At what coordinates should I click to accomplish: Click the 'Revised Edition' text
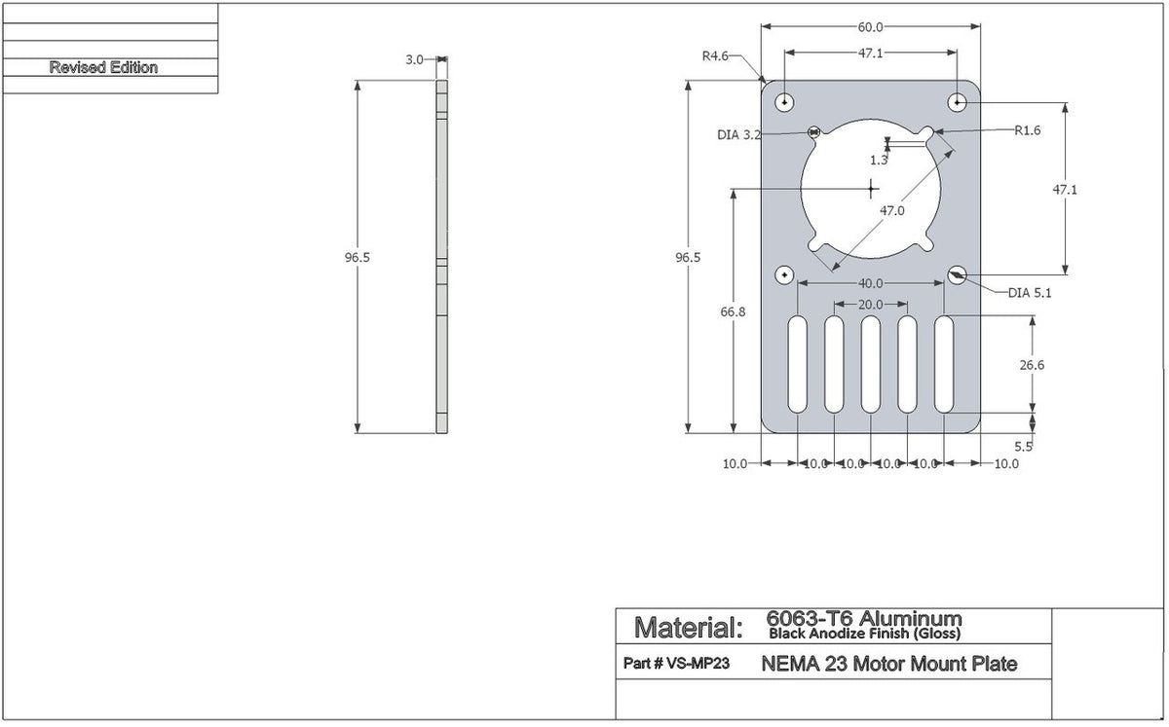coord(103,68)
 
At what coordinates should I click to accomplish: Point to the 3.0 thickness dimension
coord(414,59)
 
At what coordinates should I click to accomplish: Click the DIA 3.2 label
coord(738,135)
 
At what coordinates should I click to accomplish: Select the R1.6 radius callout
coord(1027,129)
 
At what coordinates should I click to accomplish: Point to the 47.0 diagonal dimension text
coord(890,210)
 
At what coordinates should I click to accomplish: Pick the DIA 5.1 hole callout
coord(1031,292)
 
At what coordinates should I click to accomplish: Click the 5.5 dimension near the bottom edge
coord(1023,447)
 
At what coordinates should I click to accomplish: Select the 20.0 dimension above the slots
coord(870,305)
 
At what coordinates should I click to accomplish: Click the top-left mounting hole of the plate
coord(784,102)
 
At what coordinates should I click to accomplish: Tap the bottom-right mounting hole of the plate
coord(957,276)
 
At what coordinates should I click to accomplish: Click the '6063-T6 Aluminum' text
coord(864,619)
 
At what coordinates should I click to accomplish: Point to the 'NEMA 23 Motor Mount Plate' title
coord(888,665)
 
